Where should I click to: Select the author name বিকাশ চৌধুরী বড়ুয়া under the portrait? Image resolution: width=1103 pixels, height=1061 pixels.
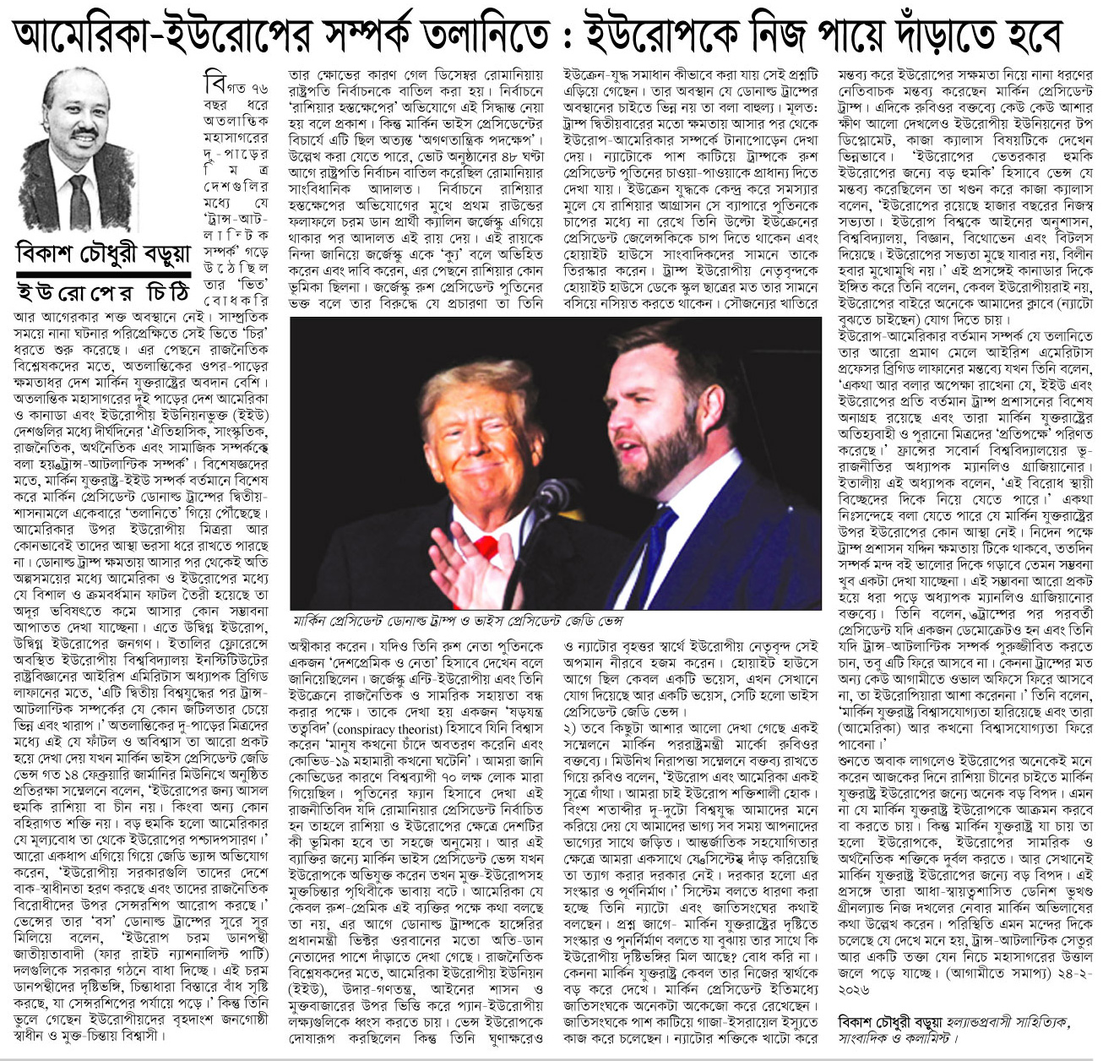[x=103, y=253]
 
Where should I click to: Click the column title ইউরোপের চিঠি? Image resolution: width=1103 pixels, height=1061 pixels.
[x=103, y=292]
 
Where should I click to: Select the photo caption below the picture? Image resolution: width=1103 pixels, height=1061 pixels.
[x=457, y=621]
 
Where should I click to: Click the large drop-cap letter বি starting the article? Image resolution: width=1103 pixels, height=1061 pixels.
[x=215, y=84]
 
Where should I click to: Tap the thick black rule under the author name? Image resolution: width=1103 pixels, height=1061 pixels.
[x=103, y=275]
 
